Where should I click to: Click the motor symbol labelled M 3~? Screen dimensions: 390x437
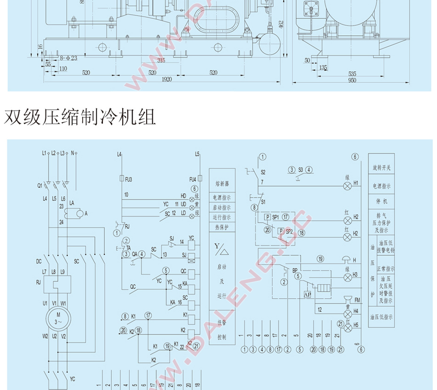58,318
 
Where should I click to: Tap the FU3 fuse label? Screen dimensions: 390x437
128,179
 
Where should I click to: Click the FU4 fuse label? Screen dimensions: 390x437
193,179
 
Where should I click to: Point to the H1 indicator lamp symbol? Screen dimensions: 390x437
348,186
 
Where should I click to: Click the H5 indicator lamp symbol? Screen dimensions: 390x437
348,328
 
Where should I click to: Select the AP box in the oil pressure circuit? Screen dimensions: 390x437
308,294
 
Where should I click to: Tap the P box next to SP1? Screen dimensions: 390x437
267,217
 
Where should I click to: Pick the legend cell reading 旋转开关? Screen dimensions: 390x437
382,167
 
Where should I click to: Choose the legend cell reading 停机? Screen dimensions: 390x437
382,201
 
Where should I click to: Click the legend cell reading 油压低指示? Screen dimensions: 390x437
382,317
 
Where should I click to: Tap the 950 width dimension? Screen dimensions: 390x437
352,80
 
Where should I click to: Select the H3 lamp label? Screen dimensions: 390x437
356,274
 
